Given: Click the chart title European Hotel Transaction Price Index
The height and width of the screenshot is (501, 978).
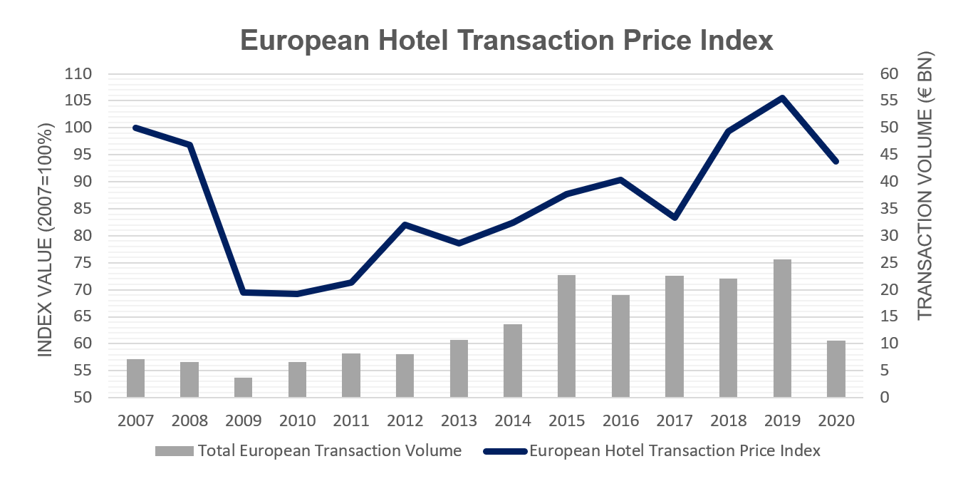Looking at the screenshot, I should coord(506,40).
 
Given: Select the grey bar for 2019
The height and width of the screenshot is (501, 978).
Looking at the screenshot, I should coord(782,329).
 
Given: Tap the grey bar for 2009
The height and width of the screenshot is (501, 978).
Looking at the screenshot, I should coord(243,388).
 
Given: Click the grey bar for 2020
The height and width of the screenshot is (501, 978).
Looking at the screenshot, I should coord(836,369).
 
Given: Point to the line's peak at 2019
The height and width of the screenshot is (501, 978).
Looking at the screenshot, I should coord(782,98).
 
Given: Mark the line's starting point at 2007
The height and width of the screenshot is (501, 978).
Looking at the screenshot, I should coord(135,128).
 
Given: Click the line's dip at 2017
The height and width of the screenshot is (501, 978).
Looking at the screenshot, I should coord(675,217).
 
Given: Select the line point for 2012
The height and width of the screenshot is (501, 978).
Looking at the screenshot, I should coord(405,224).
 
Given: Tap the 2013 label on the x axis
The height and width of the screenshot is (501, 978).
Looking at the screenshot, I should coord(459,420).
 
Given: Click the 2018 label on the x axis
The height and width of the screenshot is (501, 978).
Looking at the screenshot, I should coord(728,420).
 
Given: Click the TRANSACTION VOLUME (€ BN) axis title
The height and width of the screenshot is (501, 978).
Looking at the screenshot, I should coord(925,185).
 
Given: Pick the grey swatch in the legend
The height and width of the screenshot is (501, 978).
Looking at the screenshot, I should coord(174,451).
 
